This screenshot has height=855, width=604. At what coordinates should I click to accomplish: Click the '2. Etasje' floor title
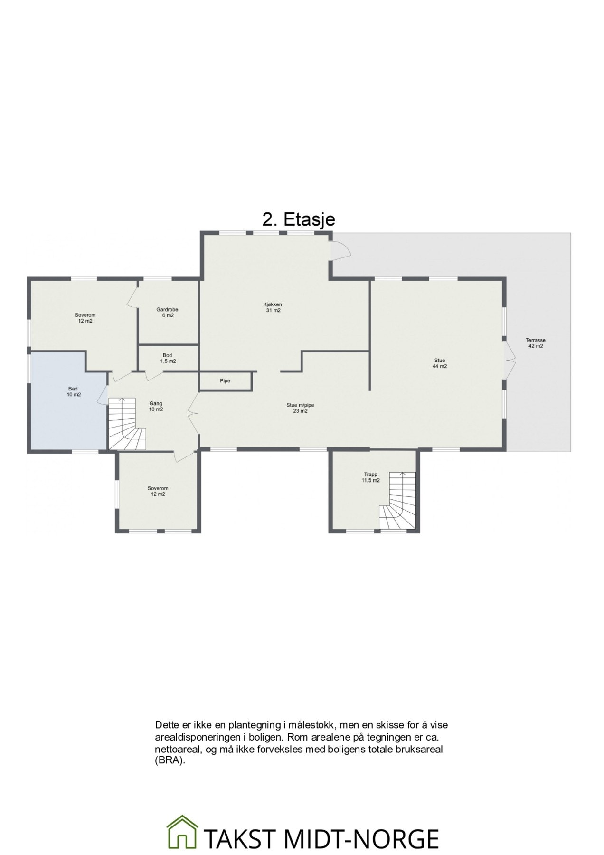(x=299, y=219)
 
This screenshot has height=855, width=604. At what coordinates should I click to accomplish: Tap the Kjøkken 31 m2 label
(x=273, y=307)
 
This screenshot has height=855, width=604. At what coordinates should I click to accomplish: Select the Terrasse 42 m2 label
(x=535, y=343)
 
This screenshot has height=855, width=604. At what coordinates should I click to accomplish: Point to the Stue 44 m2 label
(x=439, y=363)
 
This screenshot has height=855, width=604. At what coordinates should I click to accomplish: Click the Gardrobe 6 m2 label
(x=167, y=313)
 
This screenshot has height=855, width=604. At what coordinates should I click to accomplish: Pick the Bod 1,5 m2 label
(x=167, y=358)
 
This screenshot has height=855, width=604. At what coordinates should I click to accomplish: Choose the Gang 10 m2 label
(x=156, y=406)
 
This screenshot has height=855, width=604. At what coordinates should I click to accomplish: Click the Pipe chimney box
(x=225, y=381)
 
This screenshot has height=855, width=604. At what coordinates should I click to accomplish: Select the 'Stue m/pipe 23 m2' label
(x=300, y=408)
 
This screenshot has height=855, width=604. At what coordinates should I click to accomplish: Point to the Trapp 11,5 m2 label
(x=371, y=477)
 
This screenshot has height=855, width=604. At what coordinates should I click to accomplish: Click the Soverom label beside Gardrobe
(x=85, y=318)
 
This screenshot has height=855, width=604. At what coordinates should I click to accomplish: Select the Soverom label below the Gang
(x=158, y=491)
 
